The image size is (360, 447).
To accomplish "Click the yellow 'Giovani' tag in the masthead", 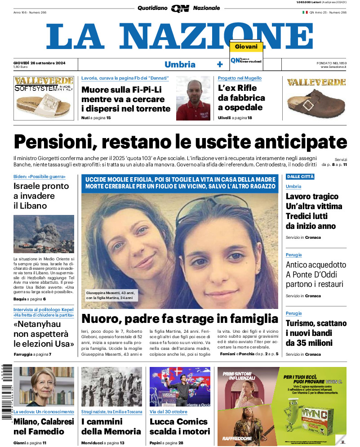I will click(246, 47).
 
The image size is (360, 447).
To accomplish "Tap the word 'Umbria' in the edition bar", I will click(180, 64).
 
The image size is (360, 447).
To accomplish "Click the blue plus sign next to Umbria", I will click(220, 64).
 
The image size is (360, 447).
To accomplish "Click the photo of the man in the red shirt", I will click(193, 98).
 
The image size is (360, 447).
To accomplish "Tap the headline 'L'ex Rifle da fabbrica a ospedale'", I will click(241, 98).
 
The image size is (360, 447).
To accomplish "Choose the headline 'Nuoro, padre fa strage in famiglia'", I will click(180, 319).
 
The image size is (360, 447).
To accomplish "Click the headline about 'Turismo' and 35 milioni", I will click(316, 333).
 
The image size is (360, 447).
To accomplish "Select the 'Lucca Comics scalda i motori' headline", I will click(179, 426).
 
